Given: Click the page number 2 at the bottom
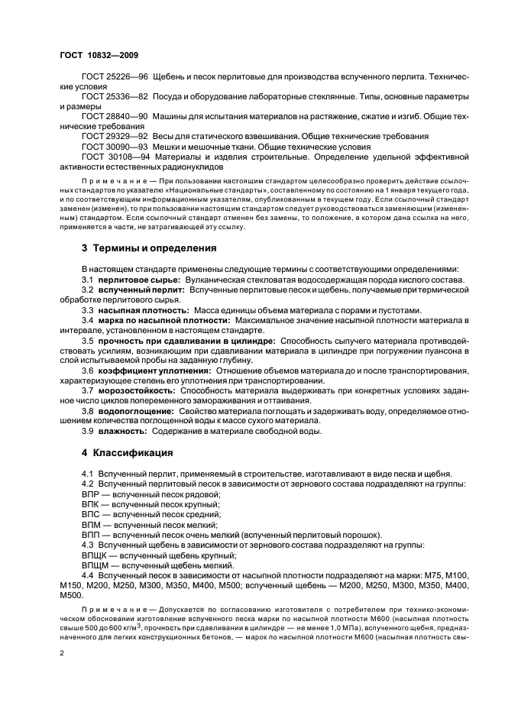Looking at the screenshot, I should click(x=61, y=654).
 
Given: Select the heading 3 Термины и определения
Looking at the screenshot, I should click(x=148, y=248).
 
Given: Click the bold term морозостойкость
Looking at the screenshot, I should click(x=134, y=389).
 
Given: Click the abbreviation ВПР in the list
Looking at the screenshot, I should click(x=91, y=496).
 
